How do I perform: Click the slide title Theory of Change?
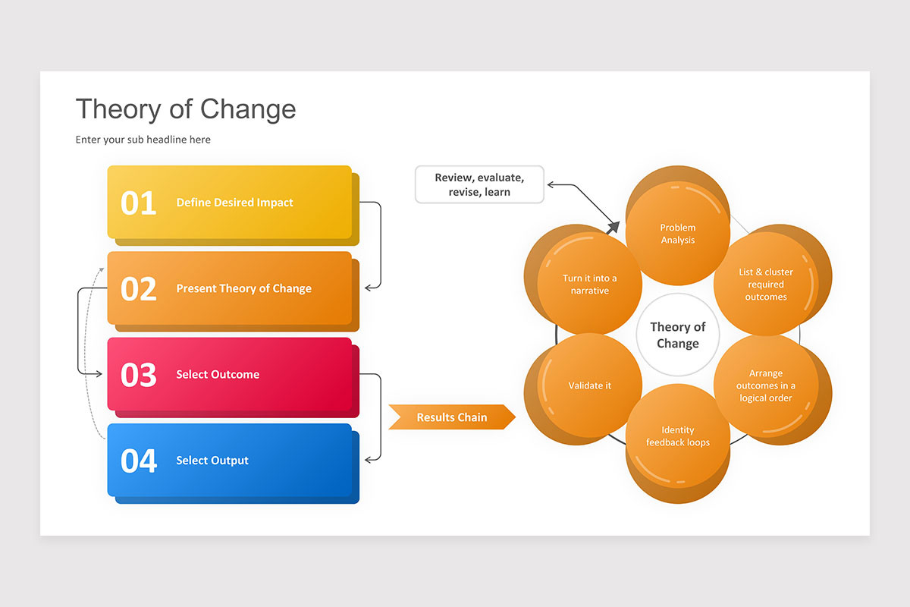click(186, 109)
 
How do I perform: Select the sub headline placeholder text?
click(143, 140)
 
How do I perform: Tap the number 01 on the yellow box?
click(139, 203)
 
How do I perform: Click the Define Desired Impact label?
click(234, 203)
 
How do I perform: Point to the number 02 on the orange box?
click(139, 289)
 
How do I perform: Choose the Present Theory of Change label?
click(243, 288)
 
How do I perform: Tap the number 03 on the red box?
click(139, 375)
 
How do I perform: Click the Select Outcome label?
click(218, 374)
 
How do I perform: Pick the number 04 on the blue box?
click(139, 461)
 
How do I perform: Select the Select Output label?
click(212, 460)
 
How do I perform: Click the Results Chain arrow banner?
click(452, 417)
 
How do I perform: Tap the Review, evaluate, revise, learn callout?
click(479, 185)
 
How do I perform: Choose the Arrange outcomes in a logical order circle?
click(766, 385)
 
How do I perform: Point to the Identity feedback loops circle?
click(678, 436)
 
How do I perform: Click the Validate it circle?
click(590, 385)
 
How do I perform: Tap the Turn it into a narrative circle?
click(590, 285)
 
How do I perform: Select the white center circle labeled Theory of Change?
click(678, 335)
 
